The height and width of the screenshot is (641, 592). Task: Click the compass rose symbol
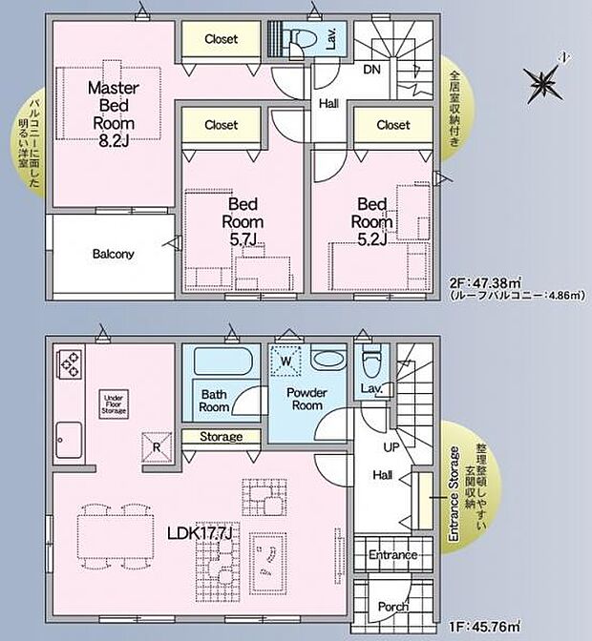coord(541,84)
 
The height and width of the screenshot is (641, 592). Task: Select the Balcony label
coord(113,255)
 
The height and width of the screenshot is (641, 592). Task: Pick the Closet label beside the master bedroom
coord(221,39)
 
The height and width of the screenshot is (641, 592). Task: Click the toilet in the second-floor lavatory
coord(303,39)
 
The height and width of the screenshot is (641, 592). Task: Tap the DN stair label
coord(373,68)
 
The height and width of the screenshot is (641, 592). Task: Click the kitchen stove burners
coord(70,362)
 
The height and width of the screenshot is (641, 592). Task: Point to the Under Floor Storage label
coord(113,403)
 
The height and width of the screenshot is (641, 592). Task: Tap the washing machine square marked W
coord(284,361)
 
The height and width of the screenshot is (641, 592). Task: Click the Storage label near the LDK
coord(221,437)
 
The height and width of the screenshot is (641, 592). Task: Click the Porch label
coord(392,607)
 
